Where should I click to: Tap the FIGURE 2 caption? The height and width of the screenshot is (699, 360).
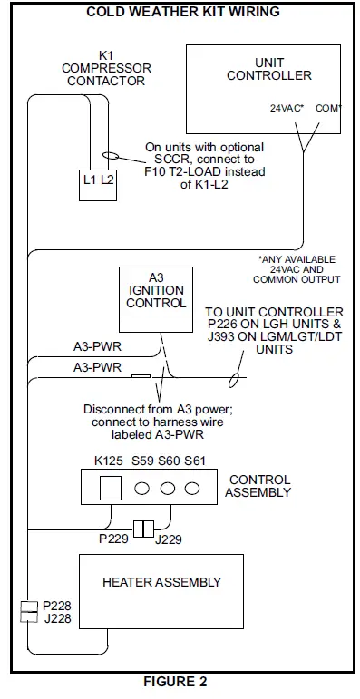[x=181, y=683]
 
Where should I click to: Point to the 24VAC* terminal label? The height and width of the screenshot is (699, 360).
[x=287, y=108]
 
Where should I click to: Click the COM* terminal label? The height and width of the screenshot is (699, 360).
[x=327, y=108]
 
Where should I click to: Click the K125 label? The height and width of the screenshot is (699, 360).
[x=110, y=461]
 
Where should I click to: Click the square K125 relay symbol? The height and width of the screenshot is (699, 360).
[x=109, y=489]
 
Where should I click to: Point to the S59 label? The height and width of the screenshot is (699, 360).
[x=141, y=461]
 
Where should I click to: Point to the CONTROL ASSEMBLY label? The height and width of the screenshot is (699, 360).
[x=260, y=486]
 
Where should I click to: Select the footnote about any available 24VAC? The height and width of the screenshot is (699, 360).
[x=299, y=269]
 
